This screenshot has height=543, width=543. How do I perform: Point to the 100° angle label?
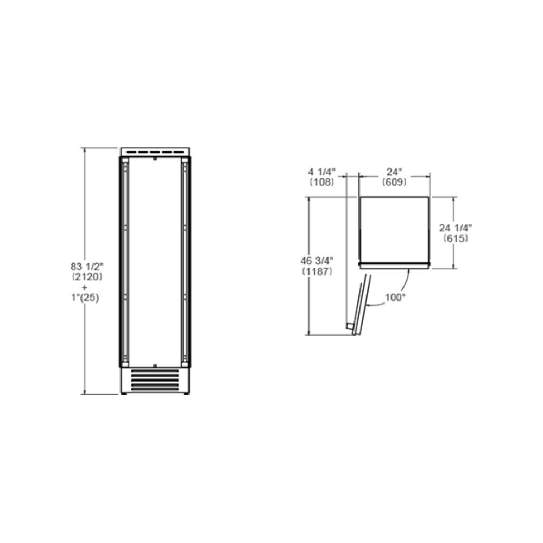(396, 298)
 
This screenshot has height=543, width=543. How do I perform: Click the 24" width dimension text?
(394, 172)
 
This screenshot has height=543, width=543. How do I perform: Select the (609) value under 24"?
(394, 182)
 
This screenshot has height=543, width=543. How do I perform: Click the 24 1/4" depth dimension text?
(456, 228)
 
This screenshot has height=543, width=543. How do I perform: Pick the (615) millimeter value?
(456, 238)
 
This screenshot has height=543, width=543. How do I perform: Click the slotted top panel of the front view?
(155, 151)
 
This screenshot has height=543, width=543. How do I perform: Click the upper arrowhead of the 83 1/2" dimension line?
(85, 150)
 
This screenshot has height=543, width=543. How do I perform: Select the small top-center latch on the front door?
(155, 160)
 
